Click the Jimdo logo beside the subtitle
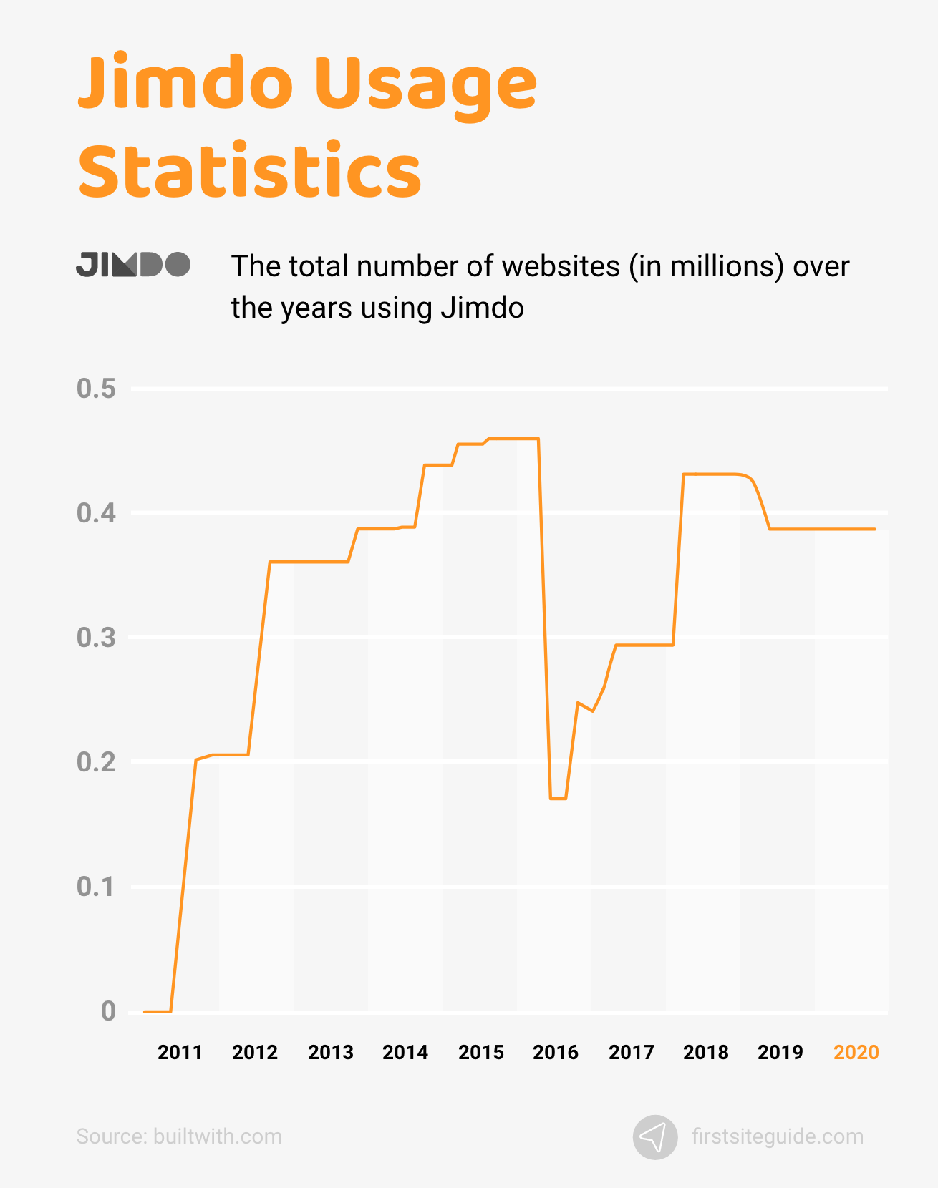[x=133, y=265]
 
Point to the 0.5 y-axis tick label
[x=96, y=389]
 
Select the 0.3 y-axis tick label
[x=96, y=638]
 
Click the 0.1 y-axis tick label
[x=96, y=887]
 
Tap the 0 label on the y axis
[x=108, y=1011]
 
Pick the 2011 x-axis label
[x=180, y=1053]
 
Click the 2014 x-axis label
[x=405, y=1053]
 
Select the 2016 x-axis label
[x=556, y=1053]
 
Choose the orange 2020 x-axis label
[x=856, y=1053]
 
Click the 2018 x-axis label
[x=706, y=1053]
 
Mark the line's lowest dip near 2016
[x=559, y=798]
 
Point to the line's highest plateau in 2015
[x=513, y=439]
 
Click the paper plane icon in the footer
[x=655, y=1137]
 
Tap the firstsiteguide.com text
[x=778, y=1136]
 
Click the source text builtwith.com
[x=218, y=1136]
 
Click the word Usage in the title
[x=425, y=84]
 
